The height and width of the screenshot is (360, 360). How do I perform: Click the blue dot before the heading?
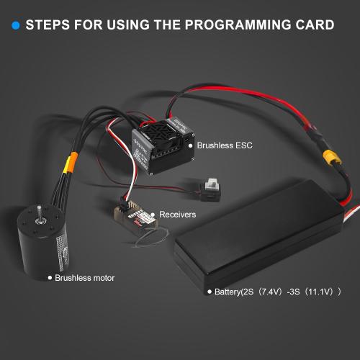coord(15,26)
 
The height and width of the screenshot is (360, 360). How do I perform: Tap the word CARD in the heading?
coord(314,25)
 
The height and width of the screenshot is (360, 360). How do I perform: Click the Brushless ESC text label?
coord(225,145)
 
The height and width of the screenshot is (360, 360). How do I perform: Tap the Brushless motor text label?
coord(84,277)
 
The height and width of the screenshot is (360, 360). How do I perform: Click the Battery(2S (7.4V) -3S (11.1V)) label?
coord(277,292)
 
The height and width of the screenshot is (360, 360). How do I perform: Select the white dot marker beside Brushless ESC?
coord(191,145)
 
